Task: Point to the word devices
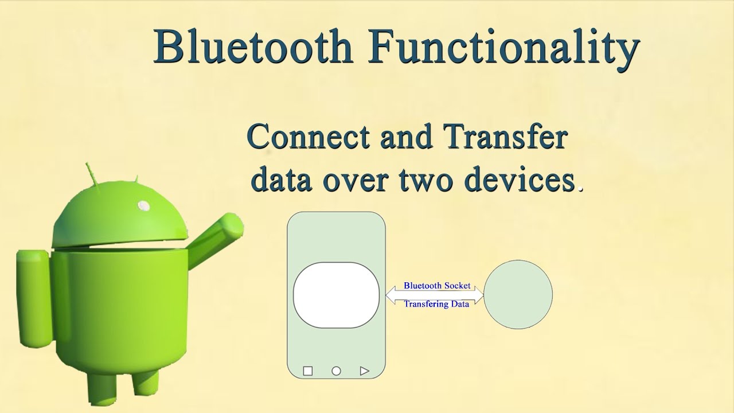(520, 178)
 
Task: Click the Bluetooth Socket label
(437, 286)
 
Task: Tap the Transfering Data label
(436, 304)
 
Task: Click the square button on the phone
(308, 371)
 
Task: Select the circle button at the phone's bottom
(336, 371)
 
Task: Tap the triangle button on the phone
(364, 371)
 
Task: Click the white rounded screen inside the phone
(336, 295)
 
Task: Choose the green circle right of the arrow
(518, 294)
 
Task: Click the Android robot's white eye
(144, 205)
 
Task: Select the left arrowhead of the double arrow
(391, 295)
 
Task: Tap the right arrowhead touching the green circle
(479, 295)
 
